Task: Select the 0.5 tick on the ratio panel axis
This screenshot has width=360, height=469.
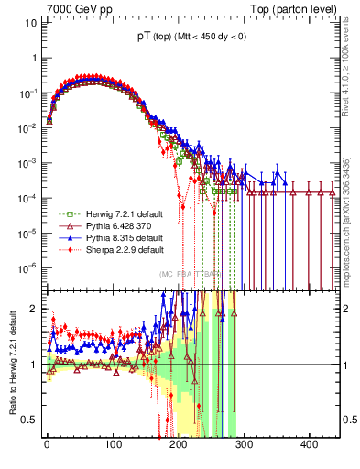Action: [29, 420]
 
